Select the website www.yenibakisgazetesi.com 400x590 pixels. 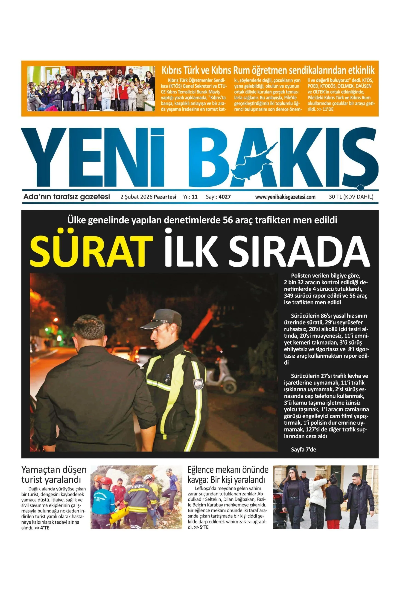coord(285,197)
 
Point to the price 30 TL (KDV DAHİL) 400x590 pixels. coord(351,197)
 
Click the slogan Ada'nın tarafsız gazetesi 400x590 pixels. coord(67,197)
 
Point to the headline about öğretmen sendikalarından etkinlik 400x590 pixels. coord(268,70)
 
